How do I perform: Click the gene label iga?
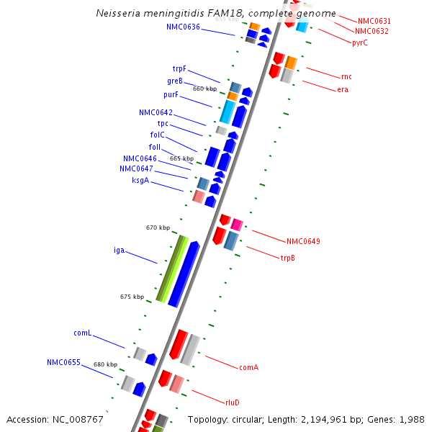tap(120, 251)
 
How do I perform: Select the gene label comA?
tap(248, 367)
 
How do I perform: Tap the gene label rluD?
tap(232, 402)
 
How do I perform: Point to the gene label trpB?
tap(288, 258)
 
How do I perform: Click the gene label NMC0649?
tap(303, 241)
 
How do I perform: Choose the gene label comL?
tap(82, 333)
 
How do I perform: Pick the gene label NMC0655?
tap(63, 362)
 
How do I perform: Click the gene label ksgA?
tap(140, 181)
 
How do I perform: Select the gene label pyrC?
tap(360, 42)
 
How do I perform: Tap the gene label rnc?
tap(347, 76)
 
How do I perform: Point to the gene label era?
tap(343, 89)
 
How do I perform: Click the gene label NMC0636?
tap(183, 27)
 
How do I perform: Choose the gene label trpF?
tap(179, 68)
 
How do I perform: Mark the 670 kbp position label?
tap(158, 228)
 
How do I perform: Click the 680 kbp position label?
tap(105, 364)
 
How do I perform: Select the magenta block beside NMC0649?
tap(236, 224)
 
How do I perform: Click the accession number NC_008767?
tap(77, 419)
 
